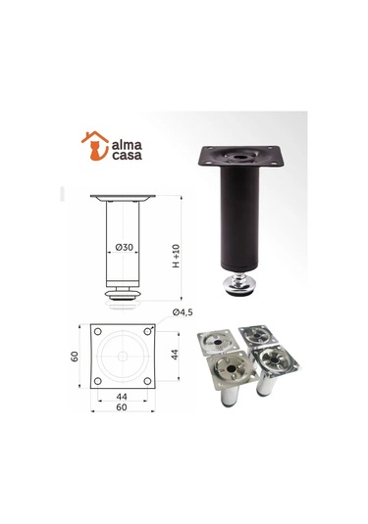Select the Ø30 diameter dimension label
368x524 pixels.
pyautogui.click(x=124, y=247)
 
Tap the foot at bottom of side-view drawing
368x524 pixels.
pyautogui.click(x=125, y=293)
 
